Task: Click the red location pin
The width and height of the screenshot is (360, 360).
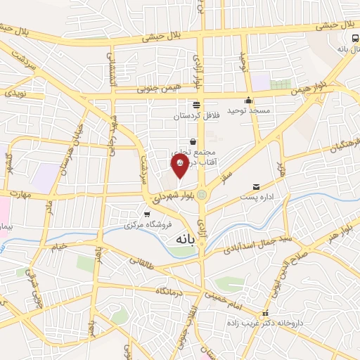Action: point(179,165)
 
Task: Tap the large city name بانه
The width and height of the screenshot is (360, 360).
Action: point(181,240)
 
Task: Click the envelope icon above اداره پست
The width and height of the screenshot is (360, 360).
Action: point(256,187)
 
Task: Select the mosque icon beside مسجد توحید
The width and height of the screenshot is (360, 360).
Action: point(248,100)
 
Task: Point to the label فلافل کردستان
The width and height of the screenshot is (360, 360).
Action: point(198,114)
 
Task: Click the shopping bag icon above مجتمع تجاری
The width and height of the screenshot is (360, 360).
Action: point(193,141)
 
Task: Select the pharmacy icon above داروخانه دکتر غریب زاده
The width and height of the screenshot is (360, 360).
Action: point(265,314)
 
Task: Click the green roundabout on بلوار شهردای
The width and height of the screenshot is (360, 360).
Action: point(202,195)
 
